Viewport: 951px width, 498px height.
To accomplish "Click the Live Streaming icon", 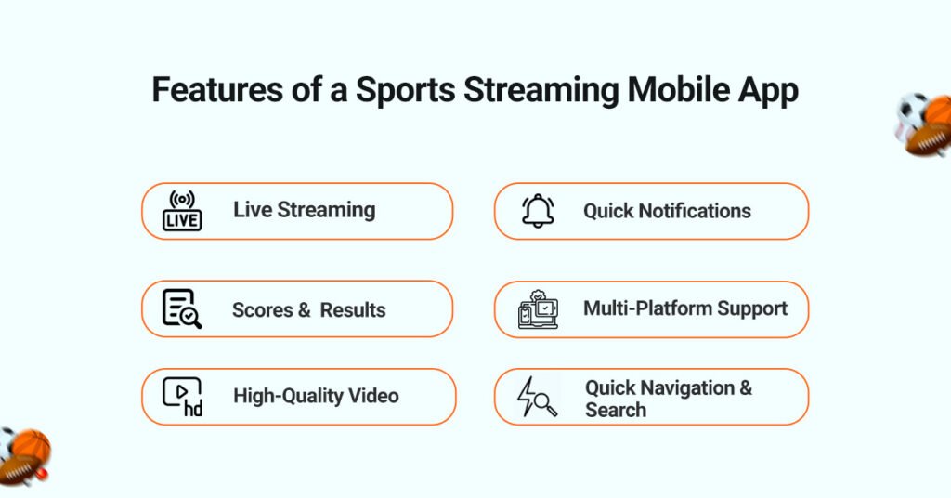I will (182, 211).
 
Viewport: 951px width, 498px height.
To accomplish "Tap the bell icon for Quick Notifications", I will (538, 211).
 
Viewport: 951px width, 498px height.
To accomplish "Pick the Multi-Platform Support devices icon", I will (538, 310).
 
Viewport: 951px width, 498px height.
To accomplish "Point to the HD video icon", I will (182, 397).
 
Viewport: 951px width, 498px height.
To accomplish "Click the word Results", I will (353, 309).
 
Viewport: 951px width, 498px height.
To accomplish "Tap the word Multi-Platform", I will (646, 308).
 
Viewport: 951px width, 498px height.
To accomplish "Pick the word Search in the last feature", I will (616, 410).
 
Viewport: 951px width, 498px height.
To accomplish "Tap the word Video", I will (373, 396).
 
